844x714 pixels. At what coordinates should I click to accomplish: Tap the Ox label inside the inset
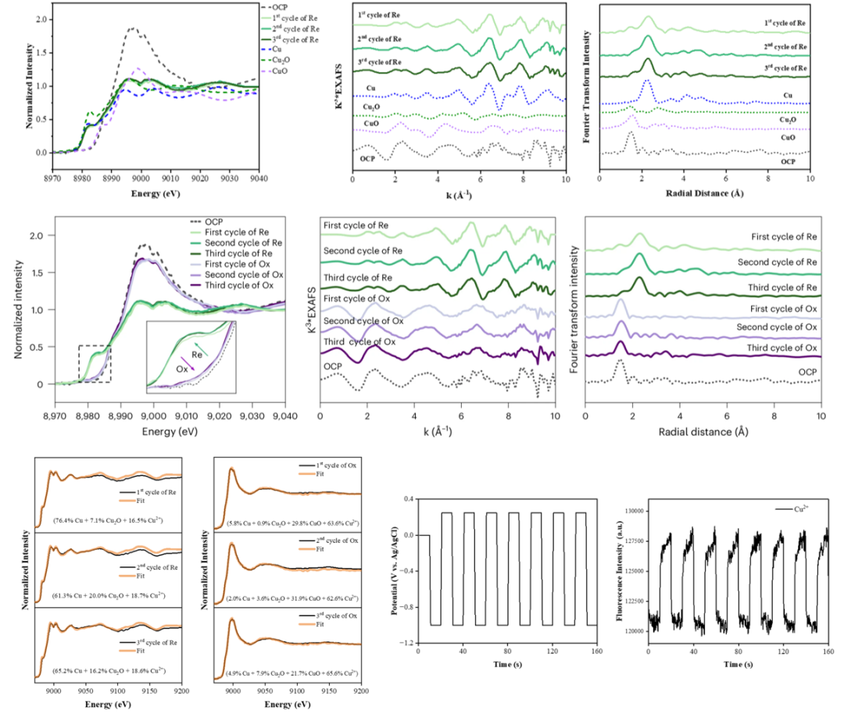181,367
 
